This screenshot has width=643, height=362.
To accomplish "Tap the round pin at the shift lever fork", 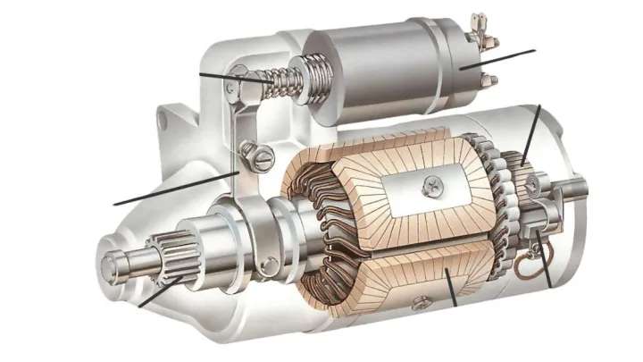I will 268,263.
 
